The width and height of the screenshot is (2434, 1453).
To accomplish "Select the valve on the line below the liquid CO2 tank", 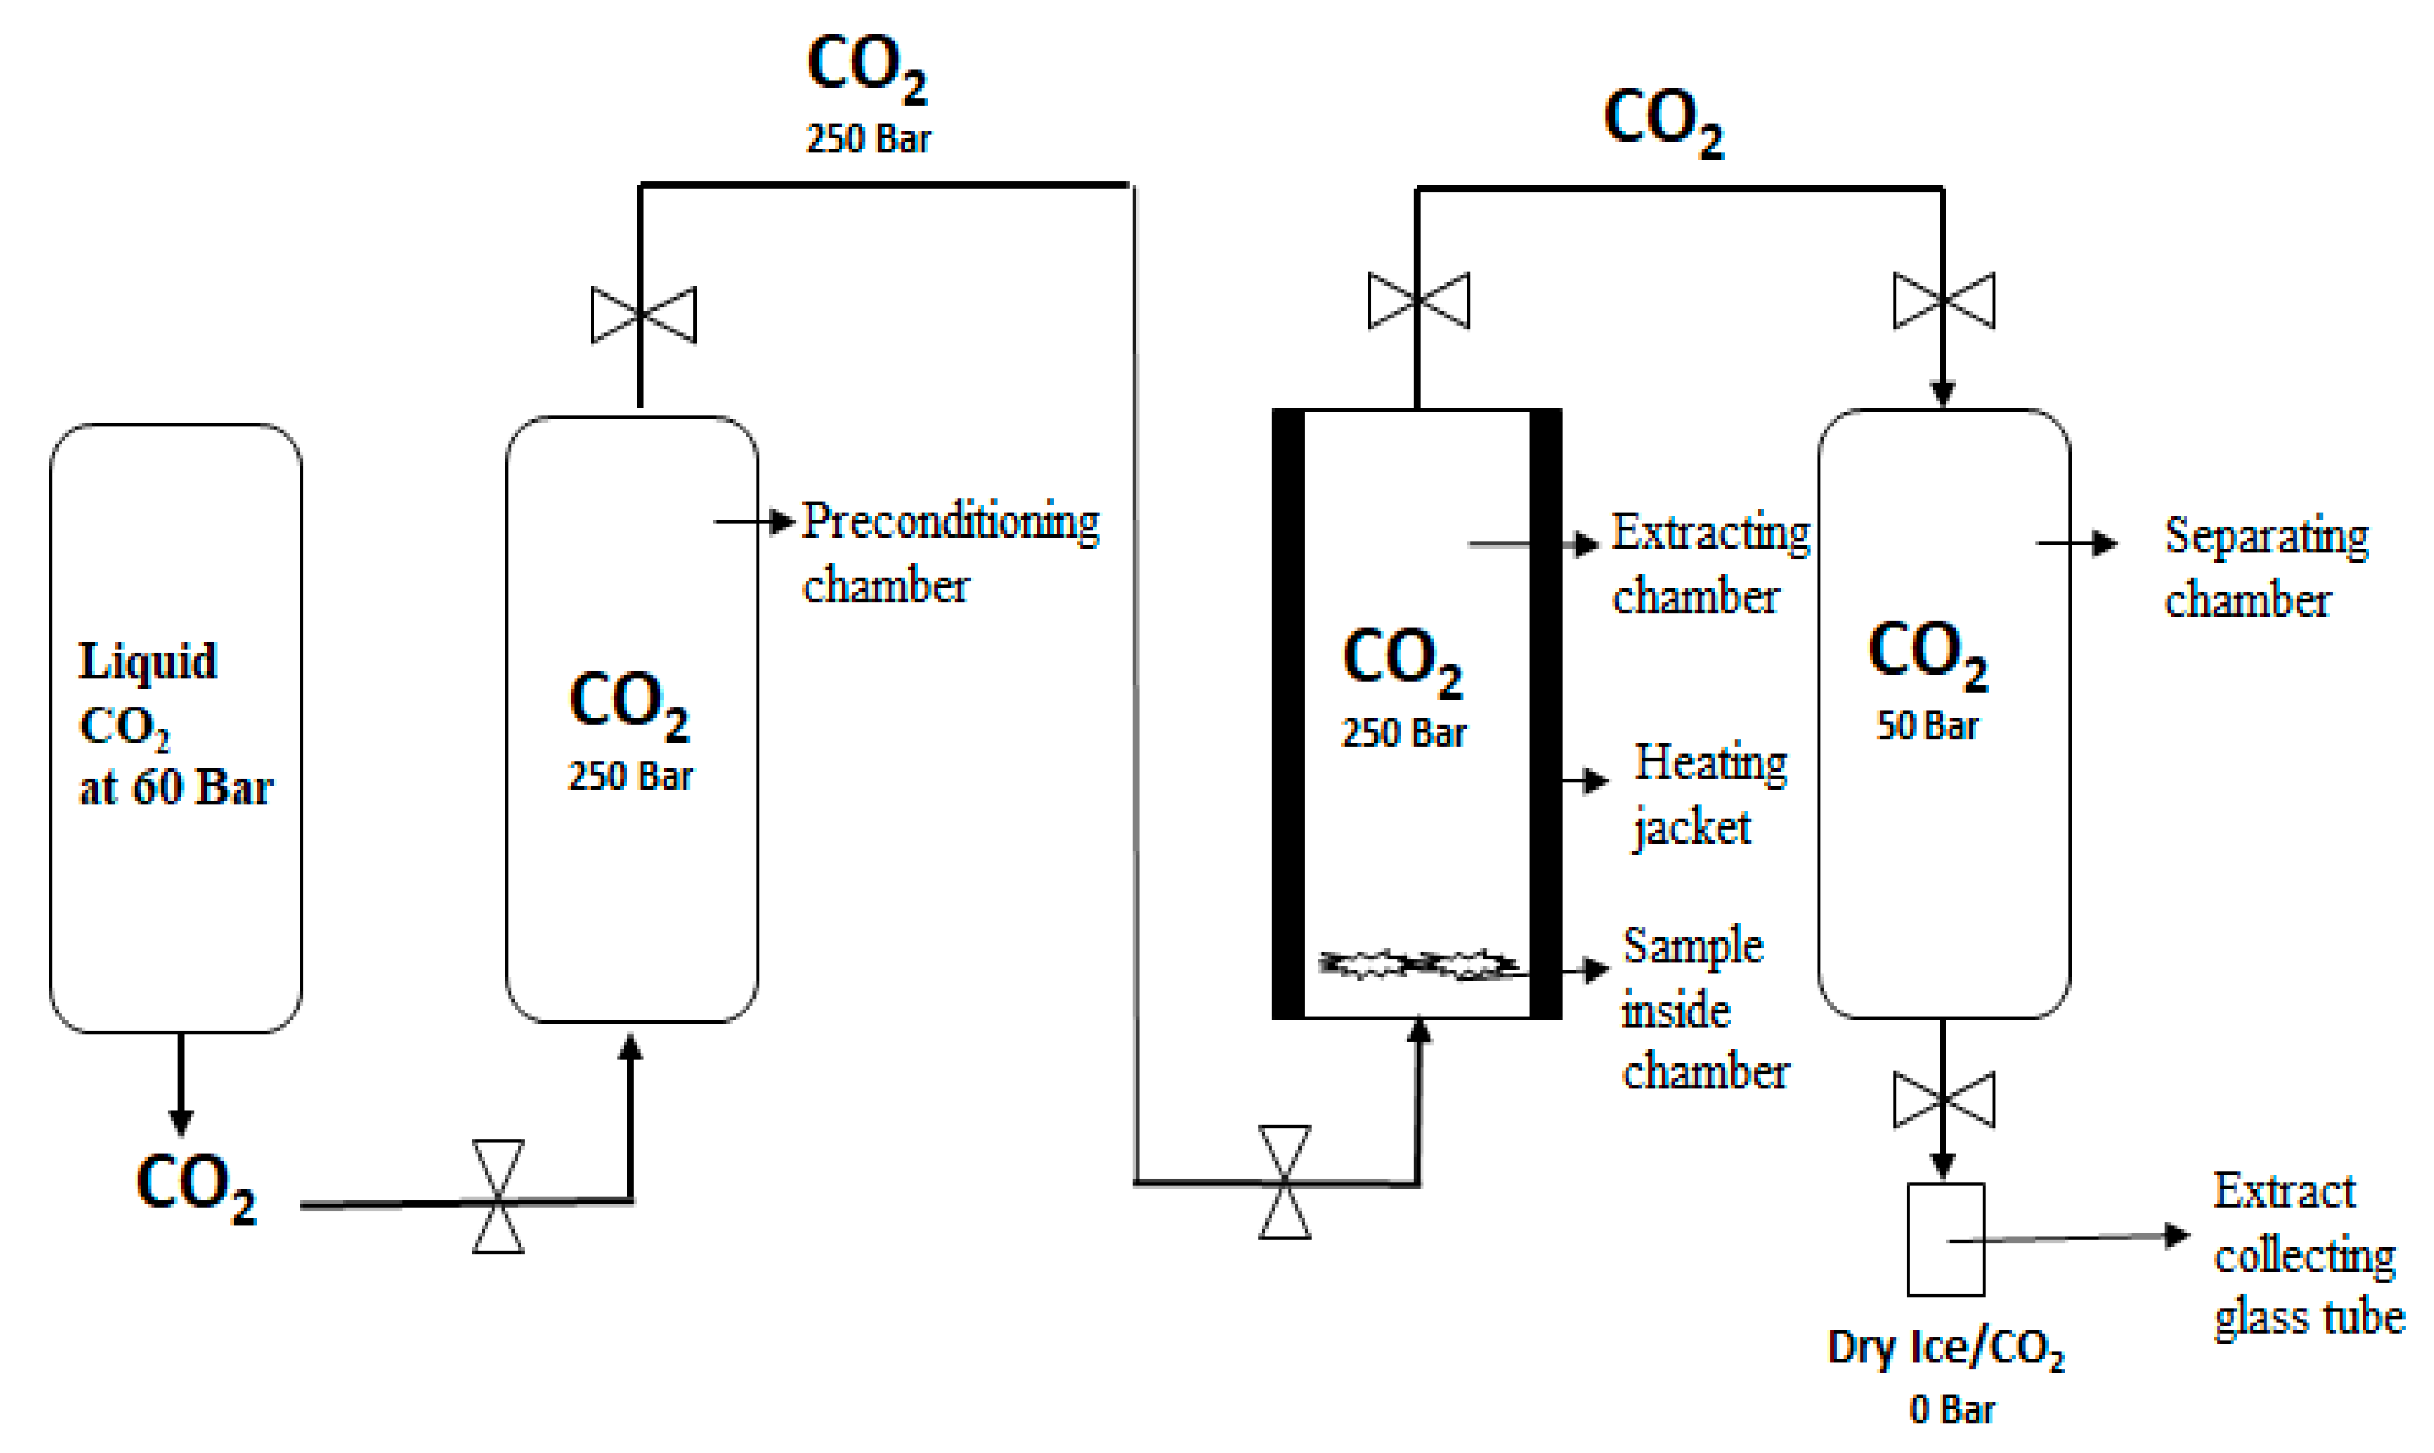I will pyautogui.click(x=498, y=1196).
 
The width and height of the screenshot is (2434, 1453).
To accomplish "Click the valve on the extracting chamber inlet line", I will pyautogui.click(x=1284, y=1182).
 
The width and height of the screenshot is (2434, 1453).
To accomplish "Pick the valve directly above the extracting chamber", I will pyautogui.click(x=1418, y=301).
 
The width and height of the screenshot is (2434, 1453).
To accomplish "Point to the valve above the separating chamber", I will pyautogui.click(x=1944, y=301).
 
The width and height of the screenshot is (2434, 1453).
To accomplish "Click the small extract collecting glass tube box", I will pyautogui.click(x=1946, y=1239).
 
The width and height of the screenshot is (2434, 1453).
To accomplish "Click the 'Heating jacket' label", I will pyautogui.click(x=1708, y=794).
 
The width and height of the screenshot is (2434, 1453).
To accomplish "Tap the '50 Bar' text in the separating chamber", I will pyautogui.click(x=1927, y=726).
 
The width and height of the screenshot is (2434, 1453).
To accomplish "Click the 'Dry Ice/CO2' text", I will pyautogui.click(x=1946, y=1349).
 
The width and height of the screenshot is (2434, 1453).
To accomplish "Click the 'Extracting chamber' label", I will pyautogui.click(x=1709, y=564).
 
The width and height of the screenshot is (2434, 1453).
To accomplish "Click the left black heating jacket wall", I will pyautogui.click(x=1288, y=715).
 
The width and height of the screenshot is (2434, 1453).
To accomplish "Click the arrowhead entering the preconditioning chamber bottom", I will pyautogui.click(x=631, y=1048).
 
